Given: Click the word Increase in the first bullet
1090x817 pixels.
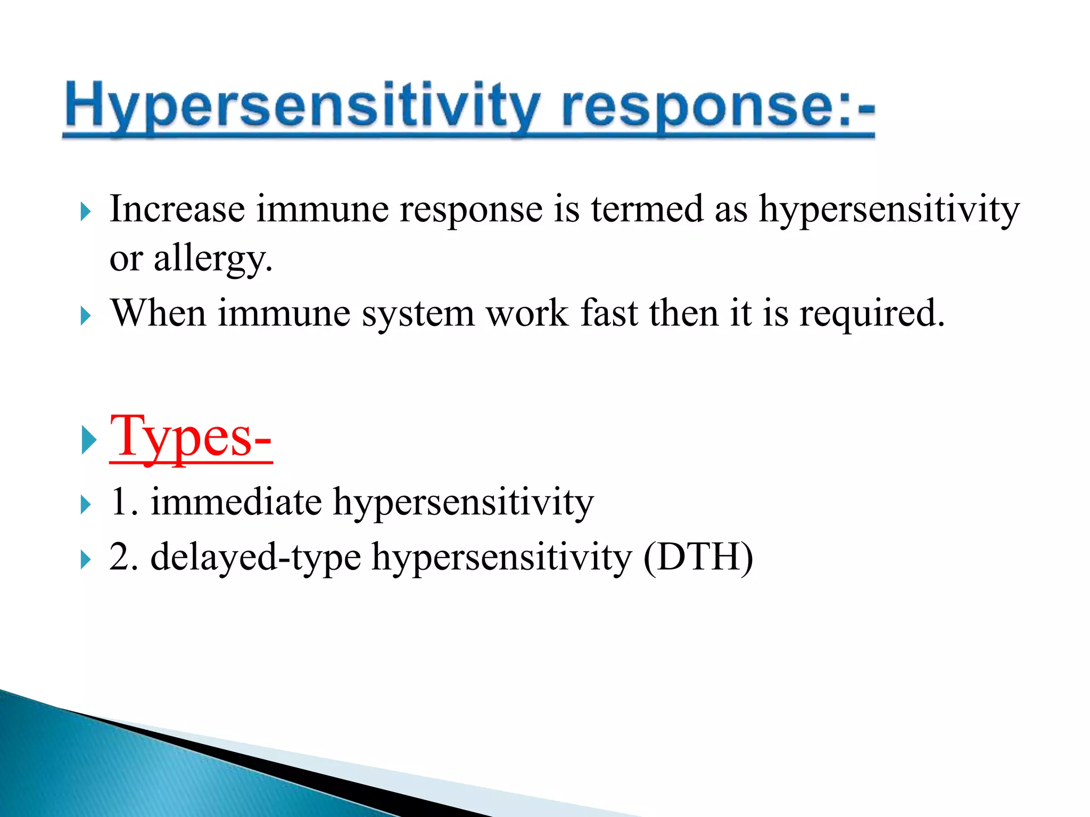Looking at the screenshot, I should click(177, 209).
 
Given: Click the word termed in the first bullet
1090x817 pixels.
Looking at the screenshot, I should click(647, 209).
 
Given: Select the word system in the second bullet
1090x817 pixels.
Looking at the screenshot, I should click(418, 314).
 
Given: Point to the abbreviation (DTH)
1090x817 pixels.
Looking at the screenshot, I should click(698, 557).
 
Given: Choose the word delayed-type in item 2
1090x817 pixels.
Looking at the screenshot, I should click(255, 557).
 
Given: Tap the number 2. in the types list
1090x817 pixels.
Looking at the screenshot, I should click(123, 557).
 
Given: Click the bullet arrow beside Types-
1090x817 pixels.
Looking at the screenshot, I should click(88, 440).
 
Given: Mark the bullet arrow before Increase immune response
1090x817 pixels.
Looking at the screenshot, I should click(85, 212).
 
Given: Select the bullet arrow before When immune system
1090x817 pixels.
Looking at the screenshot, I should click(85, 316).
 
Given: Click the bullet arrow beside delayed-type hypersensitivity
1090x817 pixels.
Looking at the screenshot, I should click(85, 560).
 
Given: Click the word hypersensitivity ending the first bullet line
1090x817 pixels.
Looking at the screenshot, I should click(889, 210).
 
